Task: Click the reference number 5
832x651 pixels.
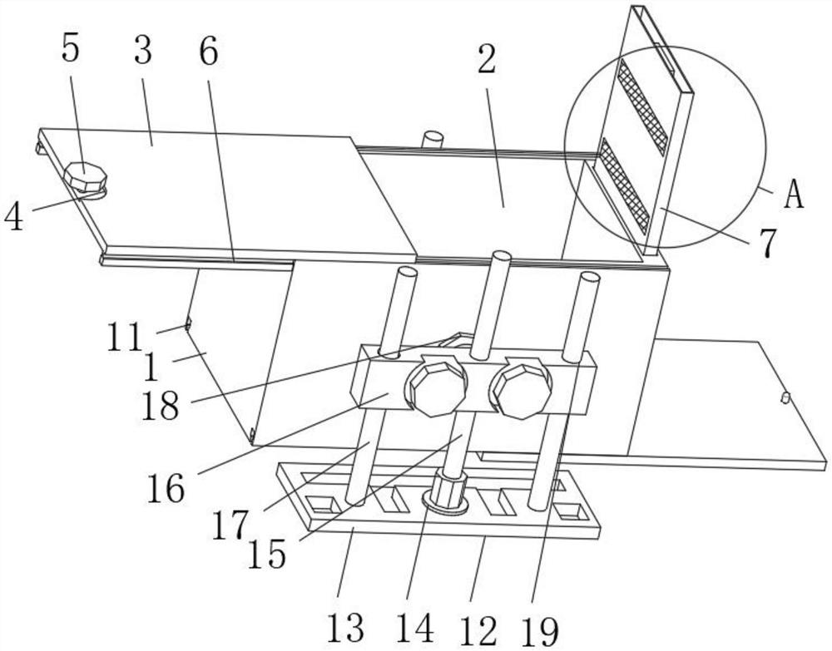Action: [x=70, y=51]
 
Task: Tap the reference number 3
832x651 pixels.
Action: [x=143, y=51]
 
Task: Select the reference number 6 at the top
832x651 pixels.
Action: [x=209, y=52]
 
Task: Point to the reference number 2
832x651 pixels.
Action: [x=486, y=59]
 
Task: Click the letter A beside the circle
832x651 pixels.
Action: [x=794, y=194]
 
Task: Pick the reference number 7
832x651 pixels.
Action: [x=768, y=242]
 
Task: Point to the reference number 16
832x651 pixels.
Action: [x=166, y=488]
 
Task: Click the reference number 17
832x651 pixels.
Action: [x=230, y=525]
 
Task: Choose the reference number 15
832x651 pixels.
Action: [x=267, y=554]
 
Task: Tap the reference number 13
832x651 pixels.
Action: [x=345, y=628]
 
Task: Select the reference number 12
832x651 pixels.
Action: [x=479, y=630]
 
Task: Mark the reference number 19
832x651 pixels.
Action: [x=540, y=630]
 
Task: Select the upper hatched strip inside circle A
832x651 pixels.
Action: [x=641, y=106]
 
